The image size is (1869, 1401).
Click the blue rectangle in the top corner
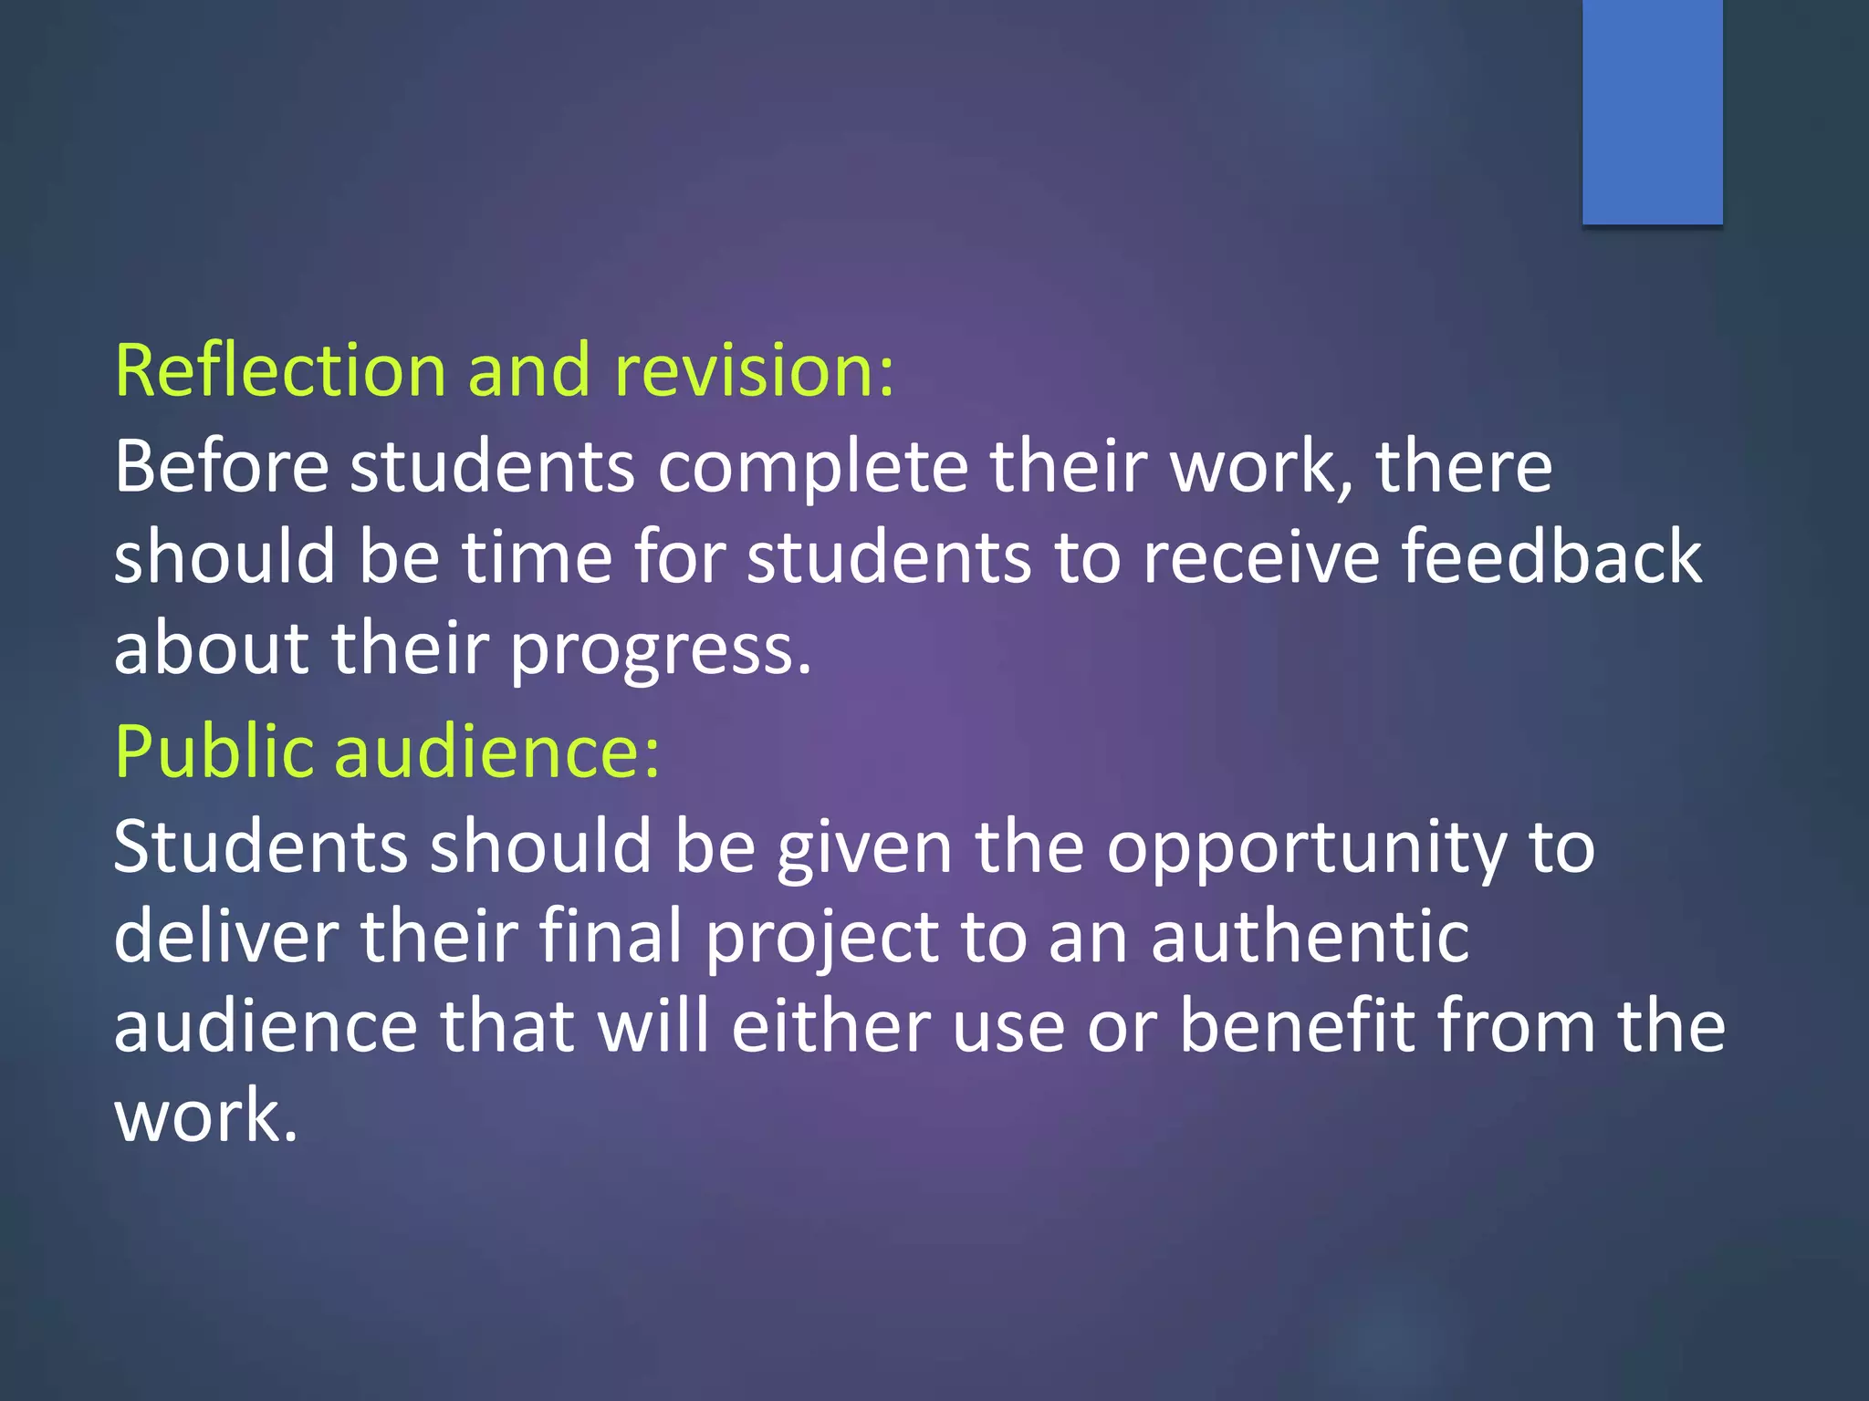click(1652, 111)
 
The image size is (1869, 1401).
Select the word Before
click(221, 466)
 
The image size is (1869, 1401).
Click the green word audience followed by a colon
click(496, 752)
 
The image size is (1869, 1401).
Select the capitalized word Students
click(260, 846)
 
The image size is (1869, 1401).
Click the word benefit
click(1297, 1025)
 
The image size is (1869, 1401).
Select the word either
click(830, 1025)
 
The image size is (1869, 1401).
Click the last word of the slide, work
click(205, 1115)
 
